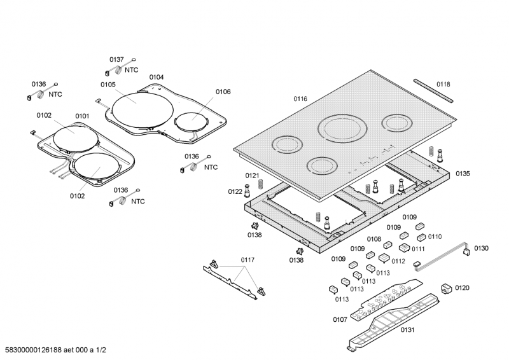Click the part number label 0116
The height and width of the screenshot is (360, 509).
click(300, 99)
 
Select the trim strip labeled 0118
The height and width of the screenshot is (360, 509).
click(433, 91)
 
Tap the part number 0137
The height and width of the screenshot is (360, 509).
click(116, 60)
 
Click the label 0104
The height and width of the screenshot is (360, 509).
click(156, 77)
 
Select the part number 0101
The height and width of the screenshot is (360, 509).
click(82, 116)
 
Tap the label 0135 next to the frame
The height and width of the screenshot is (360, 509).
click(463, 174)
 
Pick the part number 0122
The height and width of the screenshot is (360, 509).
click(235, 191)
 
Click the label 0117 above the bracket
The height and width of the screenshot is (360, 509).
click(247, 260)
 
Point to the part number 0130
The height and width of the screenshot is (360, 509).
click(481, 248)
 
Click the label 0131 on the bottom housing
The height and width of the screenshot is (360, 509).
click(407, 330)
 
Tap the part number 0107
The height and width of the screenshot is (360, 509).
click(340, 319)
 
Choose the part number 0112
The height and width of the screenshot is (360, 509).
click(398, 261)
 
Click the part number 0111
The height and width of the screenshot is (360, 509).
click(418, 249)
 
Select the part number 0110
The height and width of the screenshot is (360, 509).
click(435, 237)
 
